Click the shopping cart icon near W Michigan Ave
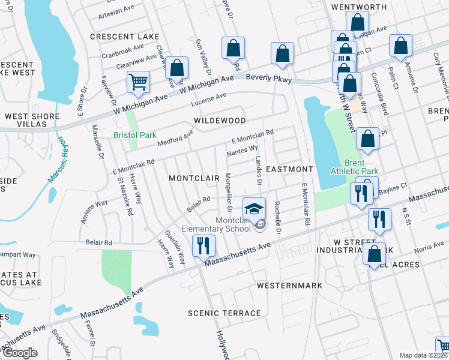(139, 82)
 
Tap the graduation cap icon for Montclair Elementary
(254, 209)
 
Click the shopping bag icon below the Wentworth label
(357, 22)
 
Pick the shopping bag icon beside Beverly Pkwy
(282, 53)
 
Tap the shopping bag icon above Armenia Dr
(400, 46)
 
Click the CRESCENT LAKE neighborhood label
(116, 37)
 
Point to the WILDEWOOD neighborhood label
(220, 121)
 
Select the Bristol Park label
(135, 135)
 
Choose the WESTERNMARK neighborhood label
(289, 286)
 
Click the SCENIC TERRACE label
(224, 313)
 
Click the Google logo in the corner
(20, 352)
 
